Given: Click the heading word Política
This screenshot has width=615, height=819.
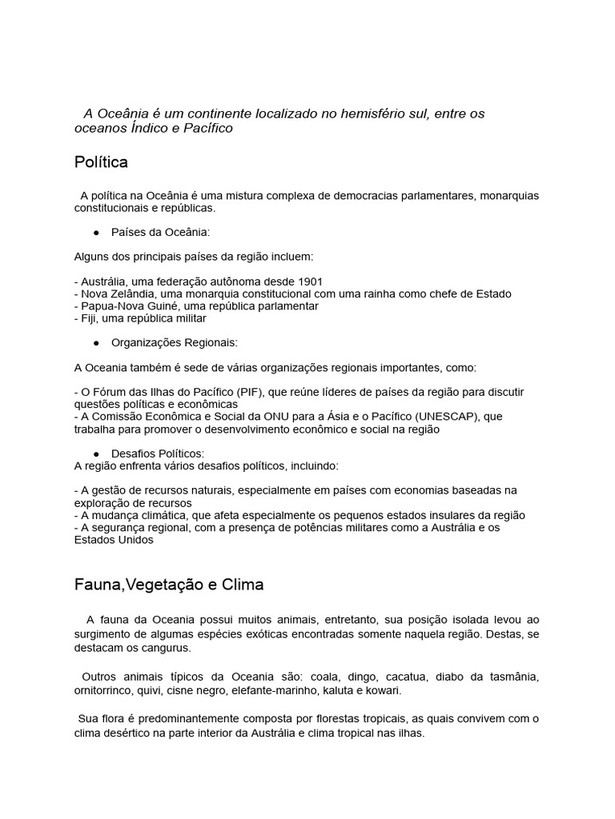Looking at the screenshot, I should pos(101,163).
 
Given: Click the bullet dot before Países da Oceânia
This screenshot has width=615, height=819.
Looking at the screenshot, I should pos(96,232).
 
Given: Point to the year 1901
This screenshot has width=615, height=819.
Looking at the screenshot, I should pos(310,282).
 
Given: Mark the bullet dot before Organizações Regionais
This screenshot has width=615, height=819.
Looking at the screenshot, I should pos(96,342).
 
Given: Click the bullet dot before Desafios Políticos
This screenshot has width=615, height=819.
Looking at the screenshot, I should pos(96,453).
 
